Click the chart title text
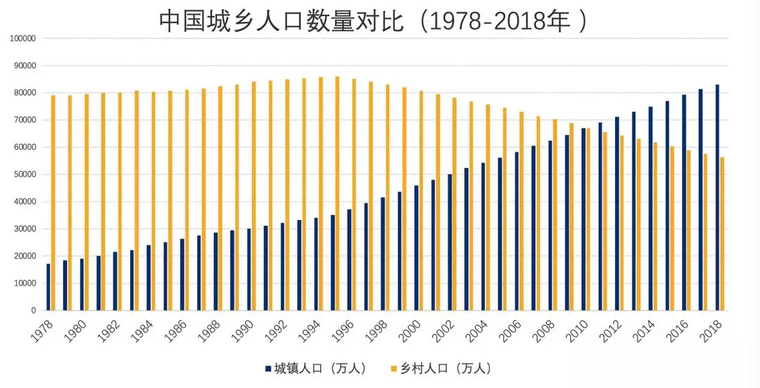(x=373, y=20)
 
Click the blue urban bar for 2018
(x=717, y=198)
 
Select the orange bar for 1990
(x=254, y=196)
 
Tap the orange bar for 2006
(x=521, y=211)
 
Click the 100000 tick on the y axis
(x=23, y=39)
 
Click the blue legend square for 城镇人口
(x=268, y=368)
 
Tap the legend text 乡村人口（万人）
(x=445, y=368)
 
